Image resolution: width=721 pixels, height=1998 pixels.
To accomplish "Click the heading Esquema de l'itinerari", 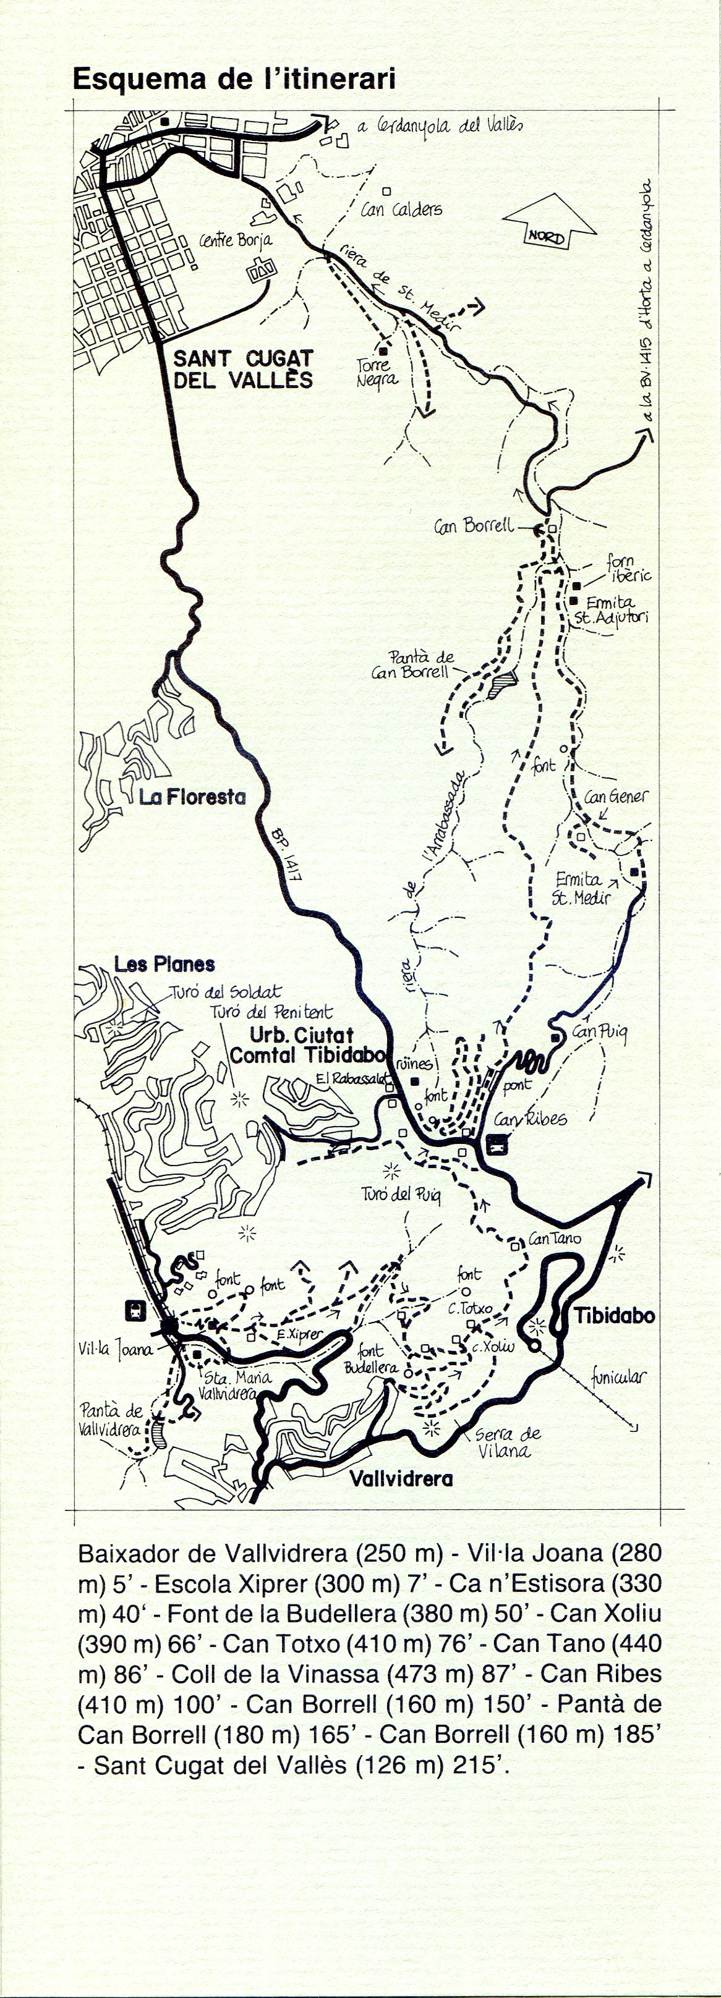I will pos(234,79).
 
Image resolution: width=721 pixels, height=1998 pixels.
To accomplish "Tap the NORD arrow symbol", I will pos(548,225).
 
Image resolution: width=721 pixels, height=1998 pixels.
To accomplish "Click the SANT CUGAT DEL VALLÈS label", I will pos(242,369).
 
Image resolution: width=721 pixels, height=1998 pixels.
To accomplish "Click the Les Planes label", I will pos(164,964).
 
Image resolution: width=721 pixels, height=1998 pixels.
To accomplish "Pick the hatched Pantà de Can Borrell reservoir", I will pos(502,684).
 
